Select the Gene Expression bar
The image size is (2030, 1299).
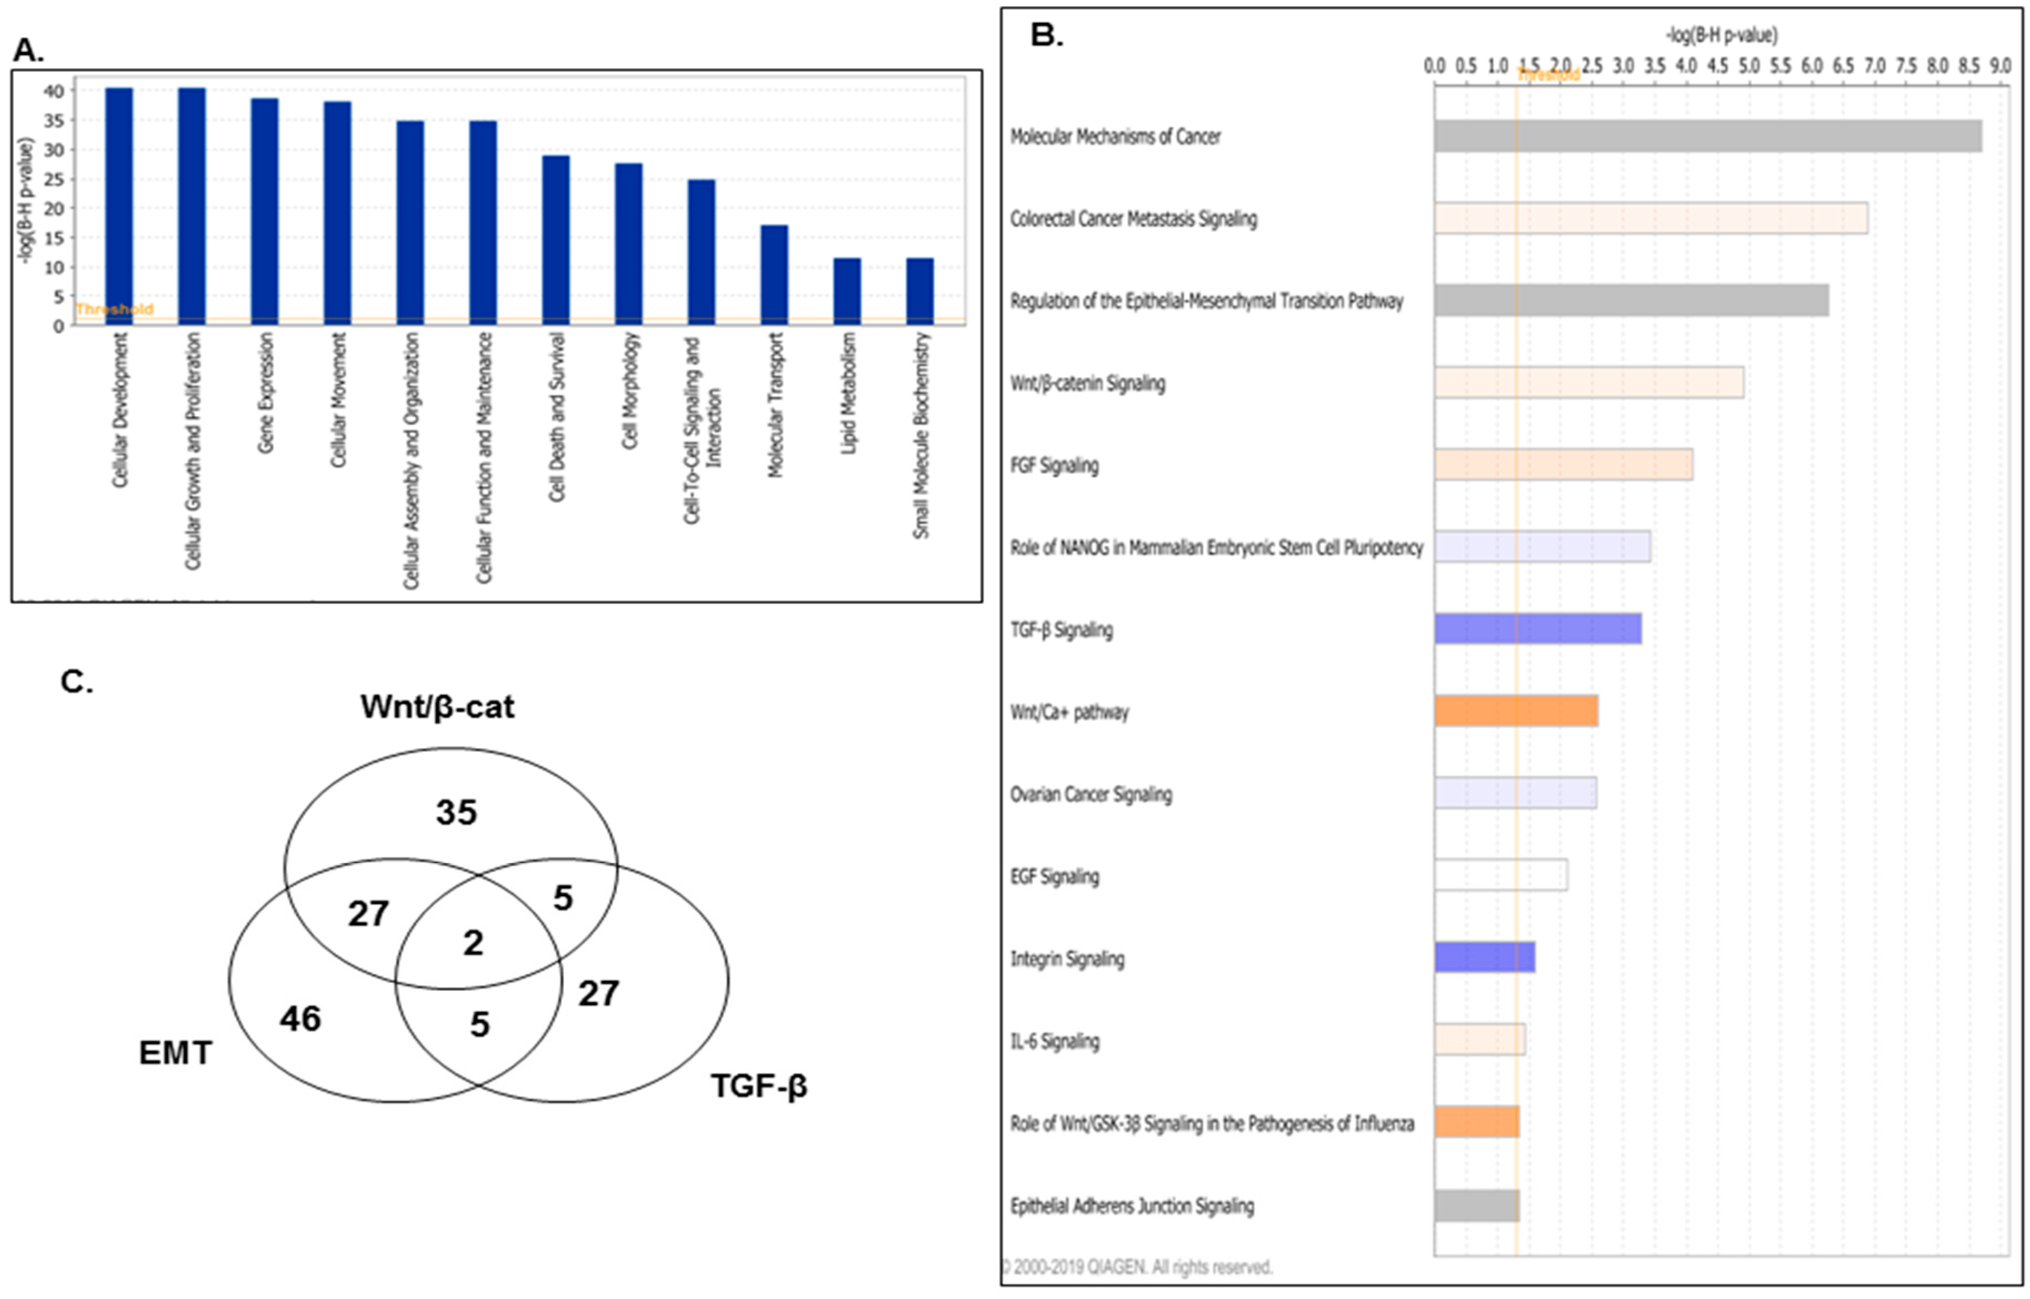click(x=265, y=212)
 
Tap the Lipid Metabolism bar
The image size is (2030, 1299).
click(x=847, y=292)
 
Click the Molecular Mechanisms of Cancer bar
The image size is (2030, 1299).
click(x=1707, y=136)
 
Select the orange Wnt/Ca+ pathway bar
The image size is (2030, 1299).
click(x=1516, y=711)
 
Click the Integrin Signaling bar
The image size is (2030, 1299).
click(x=1484, y=957)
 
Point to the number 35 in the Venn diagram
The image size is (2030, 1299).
click(x=456, y=812)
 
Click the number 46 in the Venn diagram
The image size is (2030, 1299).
click(x=300, y=1019)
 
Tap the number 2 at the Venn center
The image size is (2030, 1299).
click(x=473, y=942)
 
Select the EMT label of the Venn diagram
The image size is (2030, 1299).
click(x=176, y=1053)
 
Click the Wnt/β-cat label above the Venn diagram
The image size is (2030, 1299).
click(x=437, y=707)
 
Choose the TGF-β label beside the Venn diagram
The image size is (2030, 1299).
click(x=759, y=1086)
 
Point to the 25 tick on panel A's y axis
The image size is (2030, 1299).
click(x=55, y=179)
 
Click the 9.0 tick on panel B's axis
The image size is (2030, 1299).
click(x=1999, y=66)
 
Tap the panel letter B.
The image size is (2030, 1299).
click(x=1047, y=36)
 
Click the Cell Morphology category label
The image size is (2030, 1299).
click(x=629, y=391)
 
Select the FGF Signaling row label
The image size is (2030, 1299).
click(x=1054, y=466)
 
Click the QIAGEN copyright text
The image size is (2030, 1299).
click(x=1137, y=1266)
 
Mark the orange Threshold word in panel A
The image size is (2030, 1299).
click(x=114, y=309)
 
